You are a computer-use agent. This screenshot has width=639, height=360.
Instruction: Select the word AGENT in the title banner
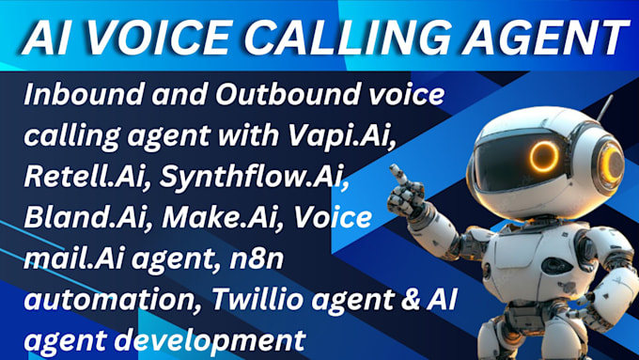(526, 39)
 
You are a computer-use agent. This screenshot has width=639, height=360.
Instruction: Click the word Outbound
(281, 97)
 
